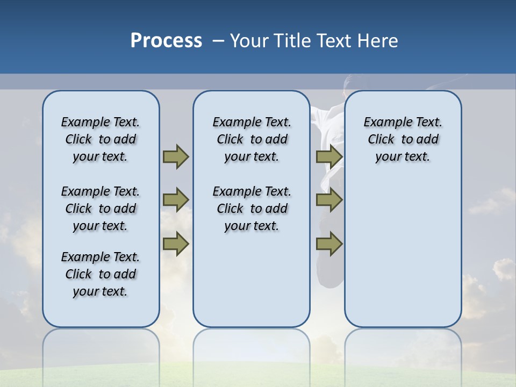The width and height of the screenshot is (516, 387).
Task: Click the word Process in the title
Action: click(166, 40)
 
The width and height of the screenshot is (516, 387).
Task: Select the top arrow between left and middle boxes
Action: click(175, 156)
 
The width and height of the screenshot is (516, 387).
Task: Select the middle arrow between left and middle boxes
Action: click(175, 200)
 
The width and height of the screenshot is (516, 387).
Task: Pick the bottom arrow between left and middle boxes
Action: click(175, 244)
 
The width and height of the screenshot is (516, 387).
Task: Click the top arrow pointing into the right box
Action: click(329, 156)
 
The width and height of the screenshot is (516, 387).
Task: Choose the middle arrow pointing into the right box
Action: click(329, 200)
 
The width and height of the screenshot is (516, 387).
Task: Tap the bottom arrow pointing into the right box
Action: click(329, 244)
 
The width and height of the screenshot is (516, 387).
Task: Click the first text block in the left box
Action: click(101, 139)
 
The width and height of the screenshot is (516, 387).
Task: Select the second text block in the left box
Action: click(101, 209)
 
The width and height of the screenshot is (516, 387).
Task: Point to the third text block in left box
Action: click(101, 274)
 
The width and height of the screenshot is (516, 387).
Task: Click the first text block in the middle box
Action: click(252, 139)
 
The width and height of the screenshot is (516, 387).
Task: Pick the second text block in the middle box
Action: click(252, 209)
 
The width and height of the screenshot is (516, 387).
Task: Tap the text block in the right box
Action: click(403, 139)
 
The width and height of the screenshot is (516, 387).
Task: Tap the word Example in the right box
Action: click(384, 122)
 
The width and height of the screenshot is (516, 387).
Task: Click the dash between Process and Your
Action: click(219, 41)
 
